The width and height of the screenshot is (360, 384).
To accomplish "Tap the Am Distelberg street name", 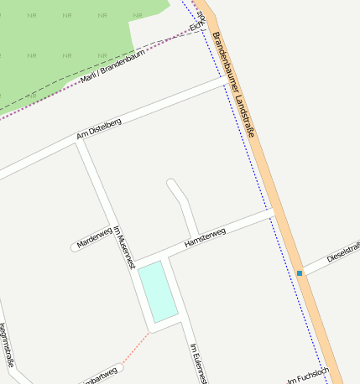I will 99,128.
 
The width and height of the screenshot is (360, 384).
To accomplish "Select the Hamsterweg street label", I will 205,239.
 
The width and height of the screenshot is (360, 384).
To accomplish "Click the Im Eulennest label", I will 198,363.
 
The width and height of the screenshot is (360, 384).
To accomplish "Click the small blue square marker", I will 300,273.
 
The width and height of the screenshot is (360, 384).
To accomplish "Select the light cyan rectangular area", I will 159,290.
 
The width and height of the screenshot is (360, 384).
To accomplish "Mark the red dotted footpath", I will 134,350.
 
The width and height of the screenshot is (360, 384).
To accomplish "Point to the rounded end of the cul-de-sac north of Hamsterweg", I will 172,184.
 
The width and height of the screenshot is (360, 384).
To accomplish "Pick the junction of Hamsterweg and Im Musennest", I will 136,261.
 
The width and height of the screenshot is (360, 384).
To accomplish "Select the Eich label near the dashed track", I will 196,28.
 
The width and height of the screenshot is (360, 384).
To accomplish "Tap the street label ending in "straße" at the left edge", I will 7,345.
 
